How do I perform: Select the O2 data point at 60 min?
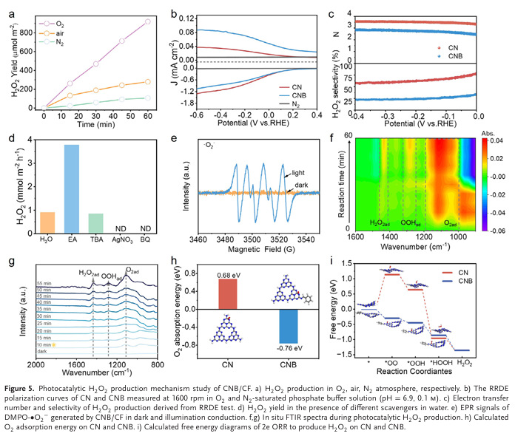coord(148,21)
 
